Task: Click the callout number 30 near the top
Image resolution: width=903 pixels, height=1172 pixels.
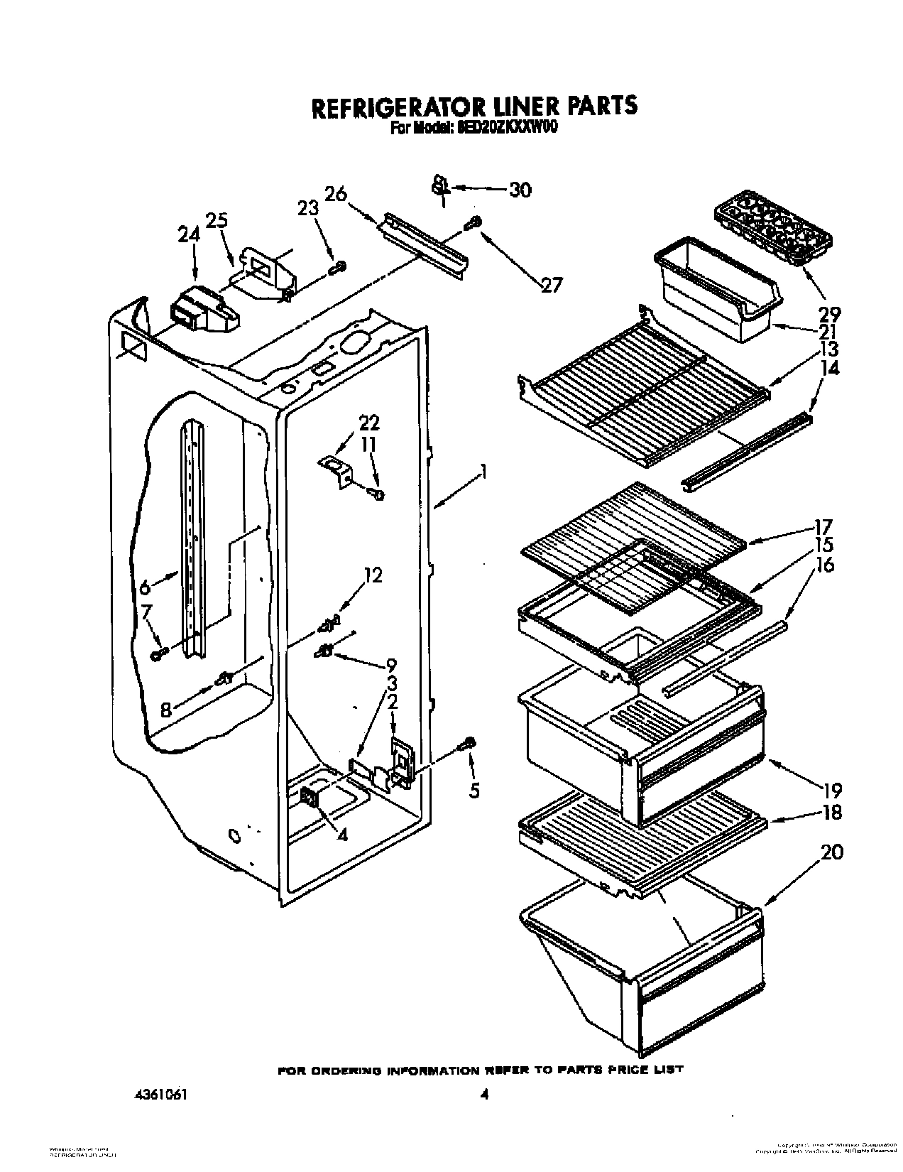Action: pos(521,190)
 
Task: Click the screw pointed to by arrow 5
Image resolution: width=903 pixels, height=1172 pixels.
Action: pos(469,744)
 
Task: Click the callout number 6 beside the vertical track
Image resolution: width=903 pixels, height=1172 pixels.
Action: pos(145,587)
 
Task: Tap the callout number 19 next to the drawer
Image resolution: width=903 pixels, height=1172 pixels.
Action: pos(831,789)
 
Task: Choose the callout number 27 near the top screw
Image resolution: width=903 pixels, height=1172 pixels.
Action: pos(551,285)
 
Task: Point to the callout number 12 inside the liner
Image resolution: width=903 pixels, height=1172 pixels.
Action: pos(373,575)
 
